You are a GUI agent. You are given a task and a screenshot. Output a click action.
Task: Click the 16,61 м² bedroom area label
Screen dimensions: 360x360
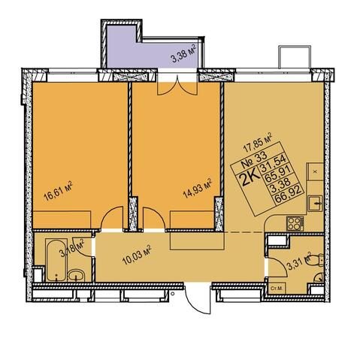58,191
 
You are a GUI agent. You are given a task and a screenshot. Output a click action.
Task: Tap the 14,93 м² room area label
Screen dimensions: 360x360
198,188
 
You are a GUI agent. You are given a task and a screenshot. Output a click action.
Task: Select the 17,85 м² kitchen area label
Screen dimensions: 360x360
258,142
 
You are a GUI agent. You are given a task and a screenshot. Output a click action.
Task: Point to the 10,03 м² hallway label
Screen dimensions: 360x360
137,255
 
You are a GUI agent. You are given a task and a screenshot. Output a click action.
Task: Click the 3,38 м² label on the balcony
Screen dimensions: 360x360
183,53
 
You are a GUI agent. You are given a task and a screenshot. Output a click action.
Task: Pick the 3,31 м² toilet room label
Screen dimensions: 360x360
299,261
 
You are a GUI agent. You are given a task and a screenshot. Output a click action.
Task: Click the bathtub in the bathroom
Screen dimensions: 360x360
56,260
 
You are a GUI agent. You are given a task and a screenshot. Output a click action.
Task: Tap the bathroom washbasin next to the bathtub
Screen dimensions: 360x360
77,276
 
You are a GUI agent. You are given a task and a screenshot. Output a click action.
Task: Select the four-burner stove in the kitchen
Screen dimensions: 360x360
295,223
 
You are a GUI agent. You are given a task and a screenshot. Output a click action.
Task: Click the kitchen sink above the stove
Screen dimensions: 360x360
315,204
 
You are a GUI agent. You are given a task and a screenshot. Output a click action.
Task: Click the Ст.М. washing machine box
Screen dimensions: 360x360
277,289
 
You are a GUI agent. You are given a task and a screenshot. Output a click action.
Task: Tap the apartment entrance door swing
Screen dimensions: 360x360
198,298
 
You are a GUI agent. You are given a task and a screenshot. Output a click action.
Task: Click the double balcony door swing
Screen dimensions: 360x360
177,85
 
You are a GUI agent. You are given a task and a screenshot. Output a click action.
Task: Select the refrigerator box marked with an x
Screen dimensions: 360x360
315,171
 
